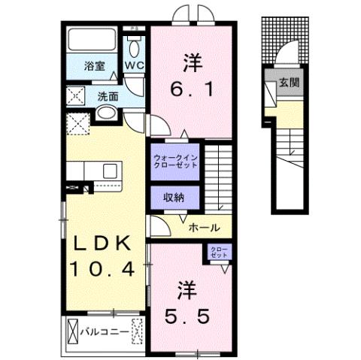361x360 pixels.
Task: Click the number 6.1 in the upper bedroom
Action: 190,89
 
